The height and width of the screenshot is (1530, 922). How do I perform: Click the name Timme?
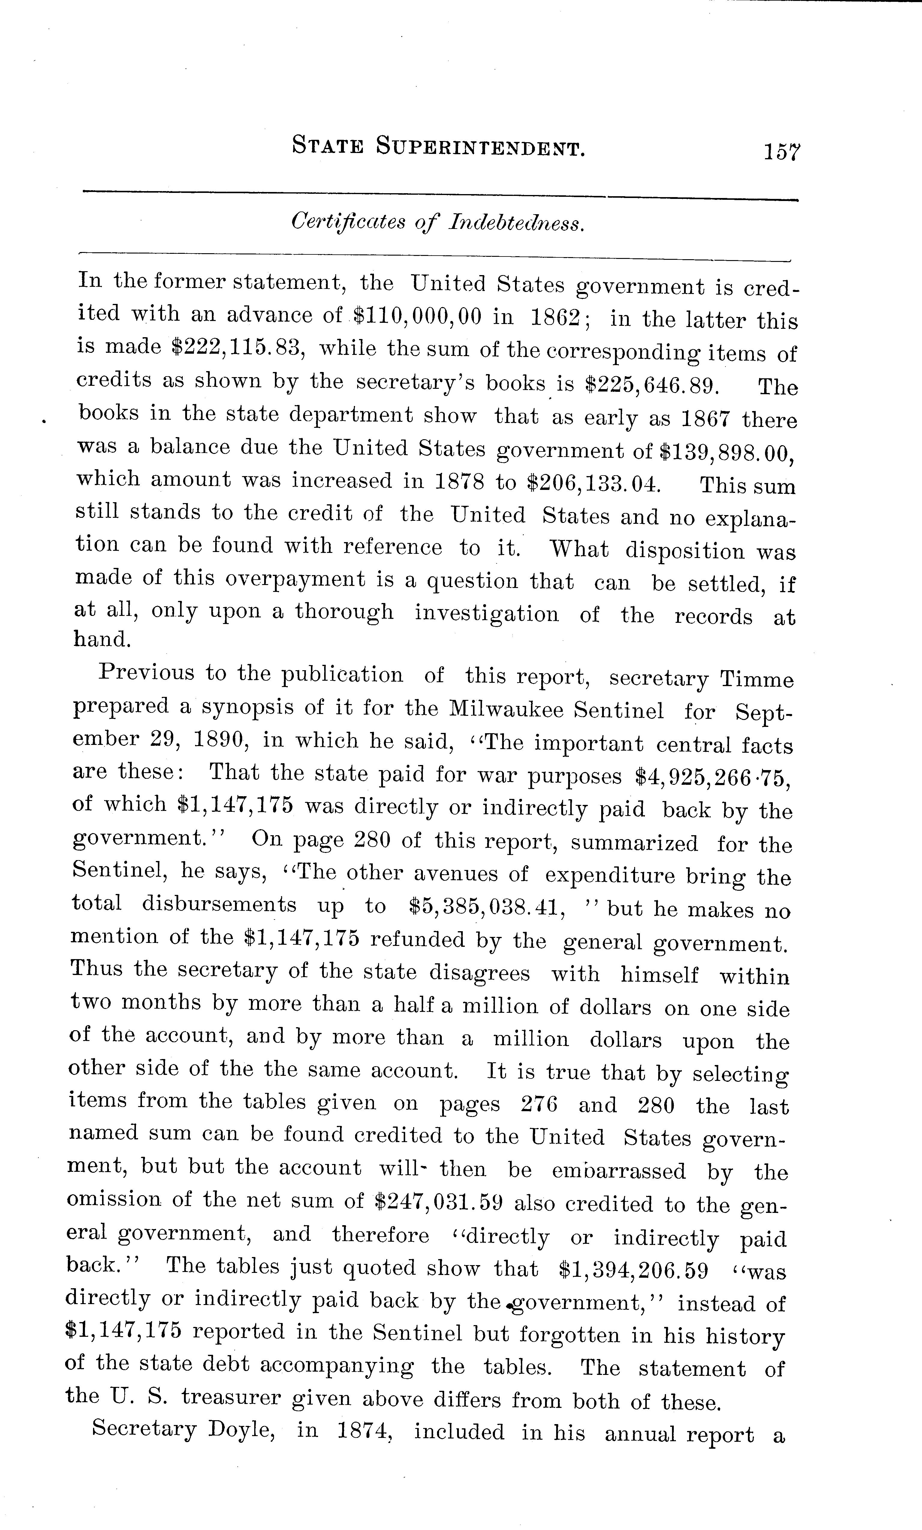(x=757, y=679)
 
